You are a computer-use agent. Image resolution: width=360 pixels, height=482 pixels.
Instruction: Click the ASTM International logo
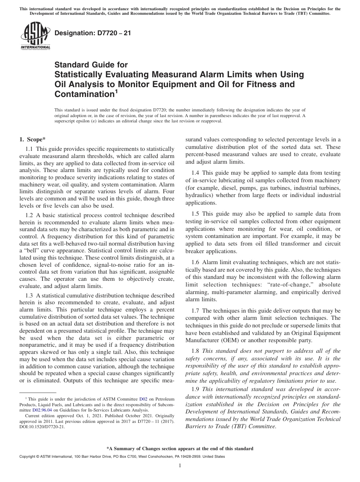click(35, 36)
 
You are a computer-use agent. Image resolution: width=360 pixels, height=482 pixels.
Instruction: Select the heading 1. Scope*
click(33, 139)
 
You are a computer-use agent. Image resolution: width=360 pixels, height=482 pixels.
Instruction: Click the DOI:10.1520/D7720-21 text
click(42, 426)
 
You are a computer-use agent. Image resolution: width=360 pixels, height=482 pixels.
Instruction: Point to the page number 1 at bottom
click(180, 466)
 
